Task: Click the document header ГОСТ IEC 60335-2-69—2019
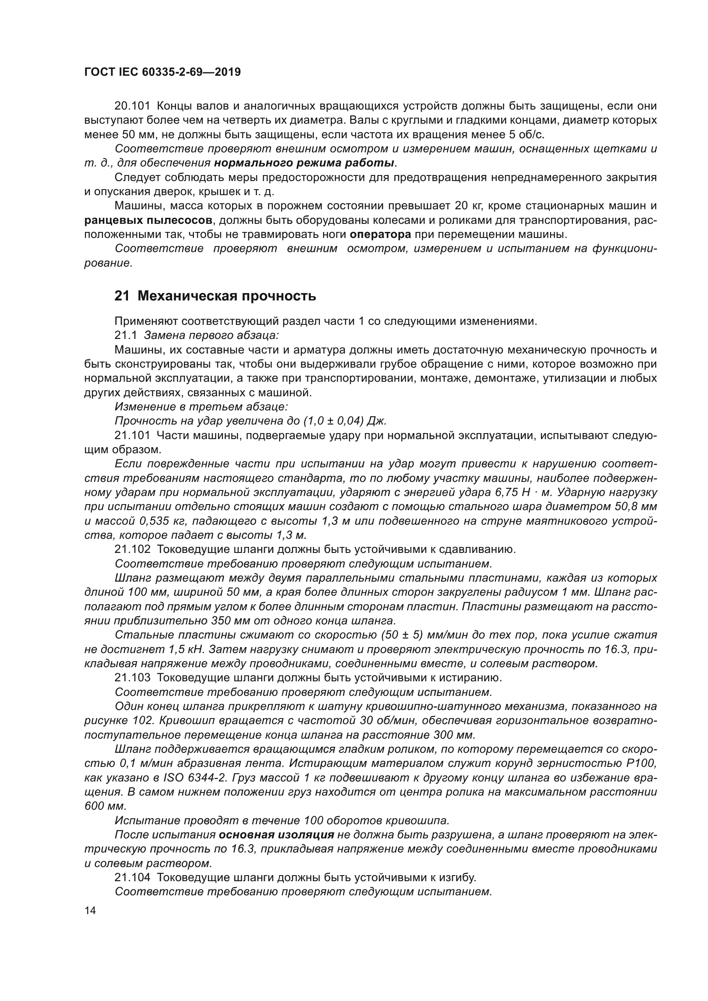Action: click(x=162, y=72)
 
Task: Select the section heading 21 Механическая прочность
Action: click(x=215, y=296)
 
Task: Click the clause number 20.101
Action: click(x=132, y=106)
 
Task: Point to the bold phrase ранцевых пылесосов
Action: click(x=149, y=220)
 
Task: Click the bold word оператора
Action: click(x=380, y=235)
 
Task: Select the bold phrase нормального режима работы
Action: click(x=304, y=163)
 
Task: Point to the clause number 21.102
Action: click(x=132, y=550)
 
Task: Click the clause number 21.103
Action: click(x=132, y=677)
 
